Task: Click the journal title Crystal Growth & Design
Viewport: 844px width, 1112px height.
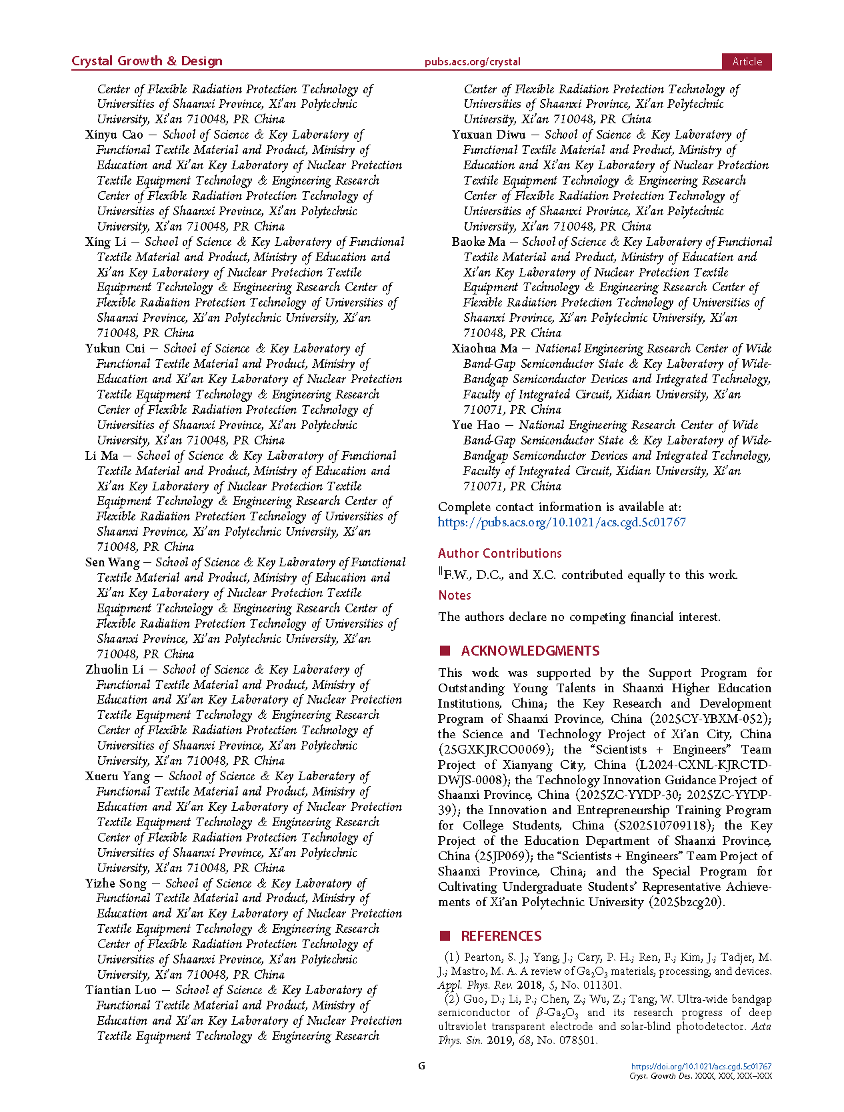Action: [147, 61]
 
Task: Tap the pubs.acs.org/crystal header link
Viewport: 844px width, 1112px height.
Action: [472, 62]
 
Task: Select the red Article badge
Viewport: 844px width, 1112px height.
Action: [747, 62]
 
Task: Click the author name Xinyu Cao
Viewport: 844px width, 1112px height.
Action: [114, 135]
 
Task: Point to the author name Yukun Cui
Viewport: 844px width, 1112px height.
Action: [115, 348]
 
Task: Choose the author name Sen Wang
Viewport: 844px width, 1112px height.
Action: [112, 562]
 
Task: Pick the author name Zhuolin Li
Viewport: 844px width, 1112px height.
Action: [114, 670]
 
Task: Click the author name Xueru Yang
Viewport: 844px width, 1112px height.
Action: [117, 776]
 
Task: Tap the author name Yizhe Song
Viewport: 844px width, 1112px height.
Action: [115, 883]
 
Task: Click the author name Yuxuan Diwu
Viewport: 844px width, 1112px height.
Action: [488, 135]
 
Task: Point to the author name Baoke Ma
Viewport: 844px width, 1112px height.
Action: [478, 242]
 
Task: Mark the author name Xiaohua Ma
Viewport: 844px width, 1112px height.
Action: [484, 348]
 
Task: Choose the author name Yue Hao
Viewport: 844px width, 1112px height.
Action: [475, 425]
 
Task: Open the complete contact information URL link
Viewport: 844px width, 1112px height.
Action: [561, 522]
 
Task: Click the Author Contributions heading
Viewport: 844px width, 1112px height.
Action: [499, 553]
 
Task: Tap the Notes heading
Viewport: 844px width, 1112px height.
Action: [455, 595]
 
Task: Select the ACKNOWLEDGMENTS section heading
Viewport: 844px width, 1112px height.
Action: [530, 651]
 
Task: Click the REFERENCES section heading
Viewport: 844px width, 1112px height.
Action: [501, 936]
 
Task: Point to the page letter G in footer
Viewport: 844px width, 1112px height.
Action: [421, 1065]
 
